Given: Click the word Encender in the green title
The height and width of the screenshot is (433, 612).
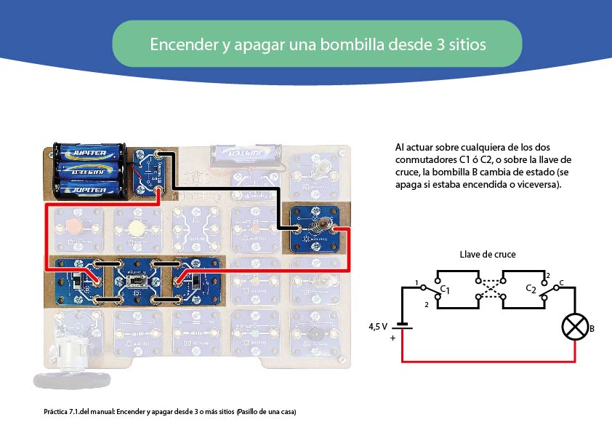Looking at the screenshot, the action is [184, 44].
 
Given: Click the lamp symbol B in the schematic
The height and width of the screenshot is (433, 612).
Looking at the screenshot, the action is [575, 327].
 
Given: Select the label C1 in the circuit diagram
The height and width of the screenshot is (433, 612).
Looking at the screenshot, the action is [445, 289].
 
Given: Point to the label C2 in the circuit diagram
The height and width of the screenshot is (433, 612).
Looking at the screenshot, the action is [531, 289].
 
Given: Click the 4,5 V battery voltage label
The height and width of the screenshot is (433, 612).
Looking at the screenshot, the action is [378, 326].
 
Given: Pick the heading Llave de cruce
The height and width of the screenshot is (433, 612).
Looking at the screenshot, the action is [488, 255].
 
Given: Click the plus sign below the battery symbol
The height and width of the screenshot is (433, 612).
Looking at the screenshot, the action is [392, 338].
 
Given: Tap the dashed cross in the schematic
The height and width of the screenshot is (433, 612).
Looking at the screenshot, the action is [491, 289].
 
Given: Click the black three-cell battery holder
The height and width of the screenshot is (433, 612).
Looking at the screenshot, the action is [89, 171].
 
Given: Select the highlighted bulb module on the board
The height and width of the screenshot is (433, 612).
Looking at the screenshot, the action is [315, 229].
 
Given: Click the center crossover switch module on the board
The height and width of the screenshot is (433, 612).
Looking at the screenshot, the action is [137, 281].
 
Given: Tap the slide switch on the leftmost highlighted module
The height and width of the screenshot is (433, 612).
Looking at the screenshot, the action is [77, 281].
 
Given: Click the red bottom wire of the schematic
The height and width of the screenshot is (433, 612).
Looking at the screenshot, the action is [488, 362].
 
